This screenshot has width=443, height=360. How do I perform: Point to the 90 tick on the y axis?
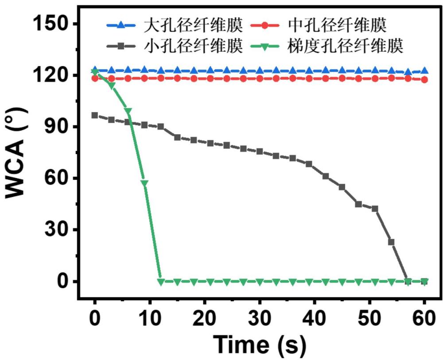pyautogui.click(x=58, y=127)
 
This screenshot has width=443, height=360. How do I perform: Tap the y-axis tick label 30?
pyautogui.click(x=58, y=230)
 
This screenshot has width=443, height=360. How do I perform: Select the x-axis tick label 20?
pyautogui.click(x=205, y=318)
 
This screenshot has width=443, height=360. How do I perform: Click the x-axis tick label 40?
pyautogui.click(x=315, y=318)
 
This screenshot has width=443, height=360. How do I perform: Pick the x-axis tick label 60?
pyautogui.click(x=424, y=318)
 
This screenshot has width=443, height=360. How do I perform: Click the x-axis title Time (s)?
pyautogui.click(x=259, y=345)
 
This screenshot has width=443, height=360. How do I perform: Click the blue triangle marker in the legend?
pyautogui.click(x=120, y=25)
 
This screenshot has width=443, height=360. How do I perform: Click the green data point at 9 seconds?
pyautogui.click(x=144, y=183)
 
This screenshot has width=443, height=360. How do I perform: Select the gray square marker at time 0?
pyautogui.click(x=95, y=115)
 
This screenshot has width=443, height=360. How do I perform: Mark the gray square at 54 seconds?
pyautogui.click(x=391, y=242)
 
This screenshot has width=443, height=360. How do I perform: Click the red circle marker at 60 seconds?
pyautogui.click(x=424, y=80)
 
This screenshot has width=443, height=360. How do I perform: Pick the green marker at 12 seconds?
pyautogui.click(x=161, y=282)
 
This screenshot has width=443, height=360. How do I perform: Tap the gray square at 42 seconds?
pyautogui.click(x=326, y=176)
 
